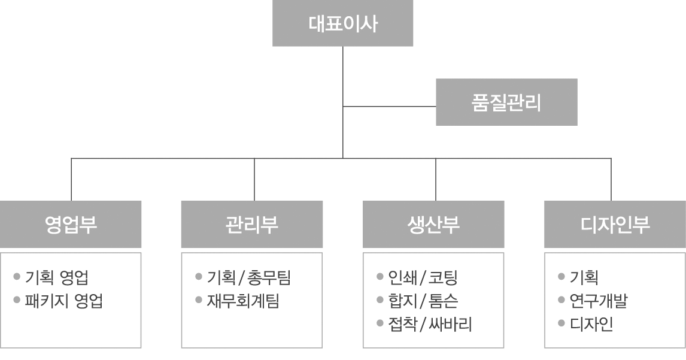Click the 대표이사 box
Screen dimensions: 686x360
tap(342, 23)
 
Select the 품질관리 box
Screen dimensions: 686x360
tap(506, 102)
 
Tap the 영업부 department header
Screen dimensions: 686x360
tap(71, 224)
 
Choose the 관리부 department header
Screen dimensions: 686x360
tap(252, 224)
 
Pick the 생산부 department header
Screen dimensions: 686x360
tap(433, 224)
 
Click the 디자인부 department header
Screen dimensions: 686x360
tap(615, 224)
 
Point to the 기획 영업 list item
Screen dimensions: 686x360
tap(57, 277)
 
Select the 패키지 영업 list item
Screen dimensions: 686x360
tap(64, 301)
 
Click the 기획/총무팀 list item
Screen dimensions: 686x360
tap(249, 277)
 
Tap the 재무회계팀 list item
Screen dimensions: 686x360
tap(243, 301)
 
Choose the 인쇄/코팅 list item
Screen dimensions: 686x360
tap(423, 277)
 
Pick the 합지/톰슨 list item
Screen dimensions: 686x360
tap(423, 301)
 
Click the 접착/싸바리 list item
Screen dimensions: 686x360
tap(430, 325)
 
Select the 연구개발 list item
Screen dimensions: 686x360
tap(599, 301)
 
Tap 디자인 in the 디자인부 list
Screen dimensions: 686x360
tap(591, 325)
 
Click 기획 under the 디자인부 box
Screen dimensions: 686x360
tap(584, 277)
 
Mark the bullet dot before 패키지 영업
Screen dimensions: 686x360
tap(17, 300)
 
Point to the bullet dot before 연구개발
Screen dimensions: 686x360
tap(561, 300)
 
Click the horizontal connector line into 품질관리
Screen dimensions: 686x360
tap(389, 107)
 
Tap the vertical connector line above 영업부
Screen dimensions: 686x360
tap(71, 180)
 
